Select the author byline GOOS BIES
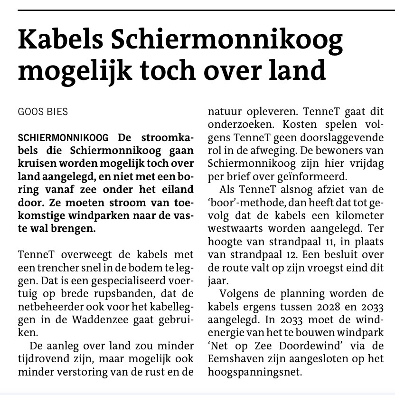click(x=43, y=112)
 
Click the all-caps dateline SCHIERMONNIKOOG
click(x=63, y=138)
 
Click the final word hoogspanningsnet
click(x=255, y=371)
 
